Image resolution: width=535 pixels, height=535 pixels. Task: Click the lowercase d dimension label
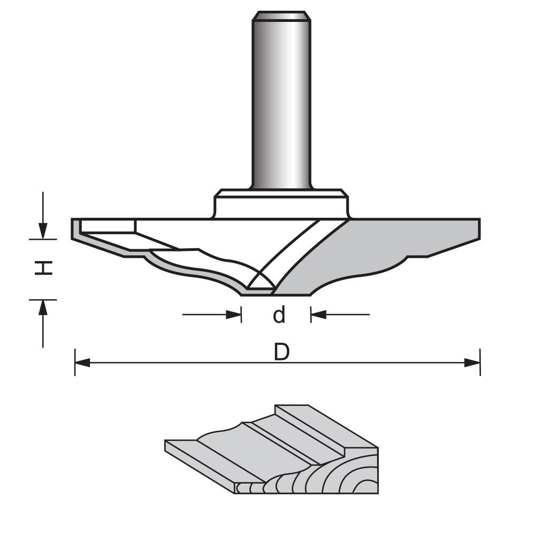[279, 315]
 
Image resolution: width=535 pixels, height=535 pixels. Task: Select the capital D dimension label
[281, 353]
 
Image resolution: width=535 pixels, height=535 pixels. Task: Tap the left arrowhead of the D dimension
[82, 363]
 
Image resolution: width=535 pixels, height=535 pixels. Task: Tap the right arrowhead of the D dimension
[472, 363]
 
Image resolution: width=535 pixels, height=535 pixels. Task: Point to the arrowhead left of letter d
[234, 315]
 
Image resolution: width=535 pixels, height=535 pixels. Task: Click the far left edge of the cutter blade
[74, 229]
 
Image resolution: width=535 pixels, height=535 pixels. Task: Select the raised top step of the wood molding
[321, 423]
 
